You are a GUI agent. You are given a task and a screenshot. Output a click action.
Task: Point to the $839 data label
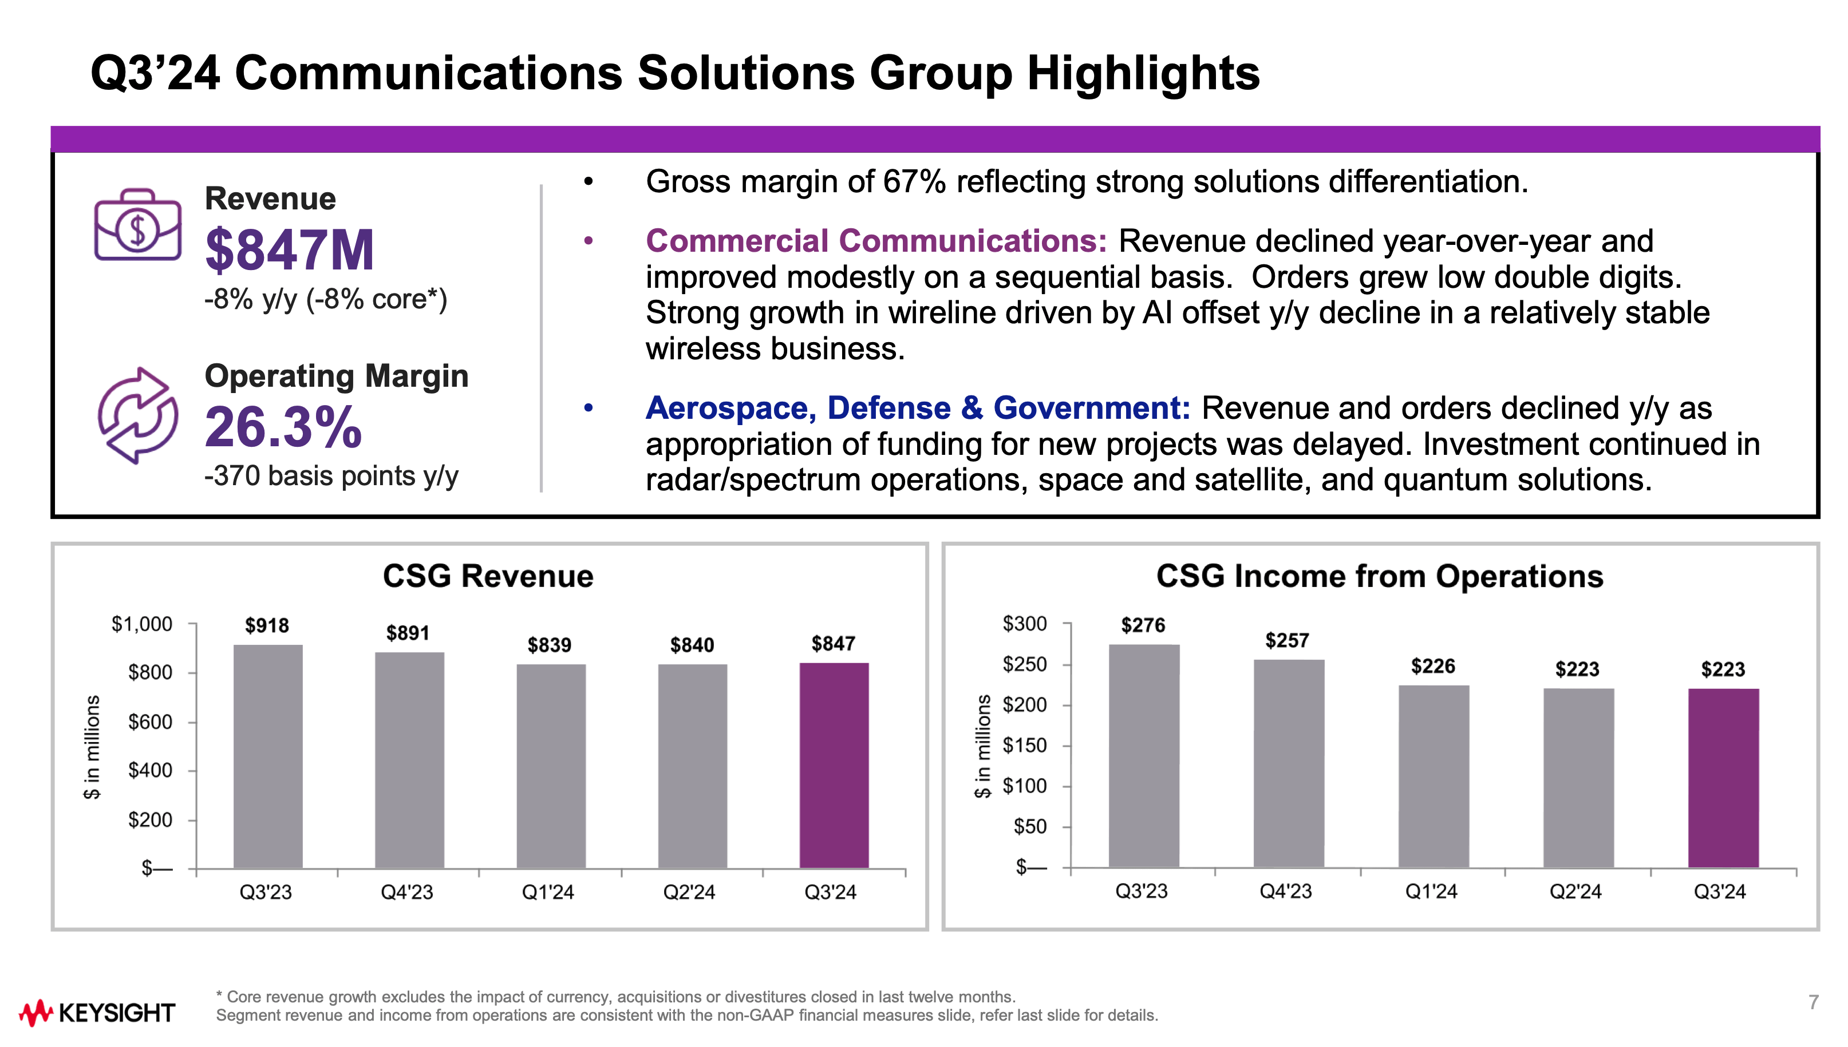pos(550,645)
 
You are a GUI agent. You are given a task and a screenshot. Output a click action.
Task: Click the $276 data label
pos(1143,625)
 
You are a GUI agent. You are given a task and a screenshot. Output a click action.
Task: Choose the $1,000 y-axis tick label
pos(142,624)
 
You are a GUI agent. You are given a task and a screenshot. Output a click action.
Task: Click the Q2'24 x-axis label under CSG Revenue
pos(689,893)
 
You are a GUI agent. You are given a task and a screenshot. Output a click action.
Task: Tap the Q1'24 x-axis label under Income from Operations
pos(1431,892)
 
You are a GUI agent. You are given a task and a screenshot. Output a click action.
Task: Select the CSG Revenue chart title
pos(488,576)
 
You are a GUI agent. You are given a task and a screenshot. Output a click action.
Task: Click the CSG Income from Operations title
pos(1379,576)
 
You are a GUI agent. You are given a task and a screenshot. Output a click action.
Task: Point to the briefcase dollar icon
pos(137,224)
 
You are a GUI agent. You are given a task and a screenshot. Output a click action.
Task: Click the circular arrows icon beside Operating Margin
pos(137,415)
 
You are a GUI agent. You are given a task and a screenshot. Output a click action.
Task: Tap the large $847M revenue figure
pos(289,249)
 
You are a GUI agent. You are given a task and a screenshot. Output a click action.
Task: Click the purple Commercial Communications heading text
pos(876,241)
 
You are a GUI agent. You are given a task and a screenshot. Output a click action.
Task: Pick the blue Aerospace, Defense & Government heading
pos(918,408)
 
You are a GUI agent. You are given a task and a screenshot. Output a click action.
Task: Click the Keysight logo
pos(96,1013)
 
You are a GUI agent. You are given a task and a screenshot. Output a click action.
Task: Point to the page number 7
pos(1814,1002)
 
